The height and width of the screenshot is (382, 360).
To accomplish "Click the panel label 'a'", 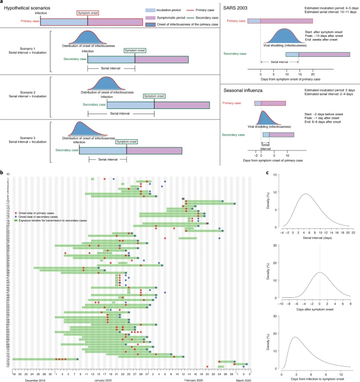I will point(2,3).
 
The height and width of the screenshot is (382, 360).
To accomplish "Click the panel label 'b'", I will point(2,173).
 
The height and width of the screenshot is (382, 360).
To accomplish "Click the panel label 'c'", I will point(269,173).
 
